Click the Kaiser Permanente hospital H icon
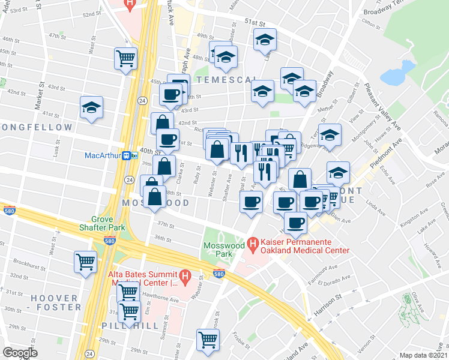click(x=253, y=243)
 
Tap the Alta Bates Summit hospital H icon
click(x=185, y=277)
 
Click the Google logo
click(x=20, y=353)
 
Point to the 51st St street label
click(x=255, y=22)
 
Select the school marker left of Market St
click(x=91, y=108)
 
